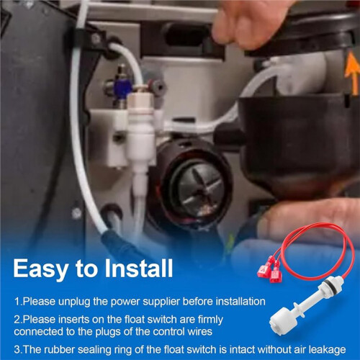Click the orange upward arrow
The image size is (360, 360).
(352, 73)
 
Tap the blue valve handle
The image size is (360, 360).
(123, 88)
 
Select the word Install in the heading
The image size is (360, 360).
(139, 268)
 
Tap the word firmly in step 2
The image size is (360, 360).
(210, 320)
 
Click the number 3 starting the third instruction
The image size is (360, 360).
(17, 350)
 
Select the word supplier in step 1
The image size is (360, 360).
(162, 302)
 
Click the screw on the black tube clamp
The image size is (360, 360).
(96, 38)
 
